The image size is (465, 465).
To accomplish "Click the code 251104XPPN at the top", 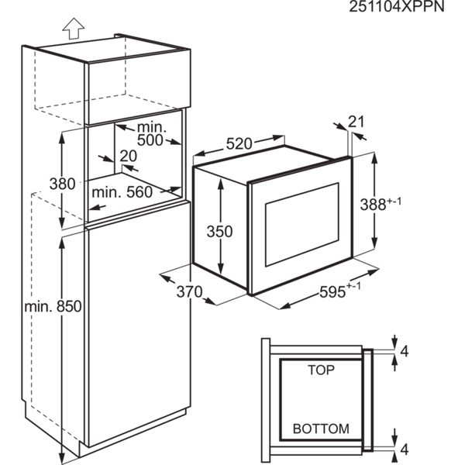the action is pyautogui.click(x=397, y=6).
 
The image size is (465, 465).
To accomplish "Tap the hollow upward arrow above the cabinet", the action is pyautogui.click(x=74, y=29).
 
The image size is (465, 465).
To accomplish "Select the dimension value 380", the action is pyautogui.click(x=62, y=184).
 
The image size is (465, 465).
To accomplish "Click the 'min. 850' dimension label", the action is pyautogui.click(x=53, y=306).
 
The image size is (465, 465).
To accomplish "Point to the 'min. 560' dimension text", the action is pyautogui.click(x=122, y=192).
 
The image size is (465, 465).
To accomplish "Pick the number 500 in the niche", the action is pyautogui.click(x=150, y=140).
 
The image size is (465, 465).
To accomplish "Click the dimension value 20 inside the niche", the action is pyautogui.click(x=128, y=156).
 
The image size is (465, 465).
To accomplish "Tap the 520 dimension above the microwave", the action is pyautogui.click(x=239, y=144).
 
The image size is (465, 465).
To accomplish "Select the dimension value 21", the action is pyautogui.click(x=356, y=122).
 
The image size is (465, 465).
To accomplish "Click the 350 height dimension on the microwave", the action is pyautogui.click(x=220, y=231).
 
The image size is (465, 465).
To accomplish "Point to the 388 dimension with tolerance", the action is pyautogui.click(x=381, y=204).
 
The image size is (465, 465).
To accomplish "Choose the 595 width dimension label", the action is pyautogui.click(x=340, y=291).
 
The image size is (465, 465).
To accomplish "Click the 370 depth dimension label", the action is pyautogui.click(x=190, y=292).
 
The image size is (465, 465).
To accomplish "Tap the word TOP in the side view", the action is pyautogui.click(x=321, y=370).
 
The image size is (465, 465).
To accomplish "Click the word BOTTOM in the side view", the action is pyautogui.click(x=321, y=429).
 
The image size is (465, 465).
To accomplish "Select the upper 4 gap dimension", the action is pyautogui.click(x=405, y=351).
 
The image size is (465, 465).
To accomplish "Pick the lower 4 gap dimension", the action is pyautogui.click(x=405, y=449).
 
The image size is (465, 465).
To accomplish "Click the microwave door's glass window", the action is pyautogui.click(x=302, y=225).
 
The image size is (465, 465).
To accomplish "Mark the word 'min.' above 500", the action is pyautogui.click(x=152, y=127).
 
